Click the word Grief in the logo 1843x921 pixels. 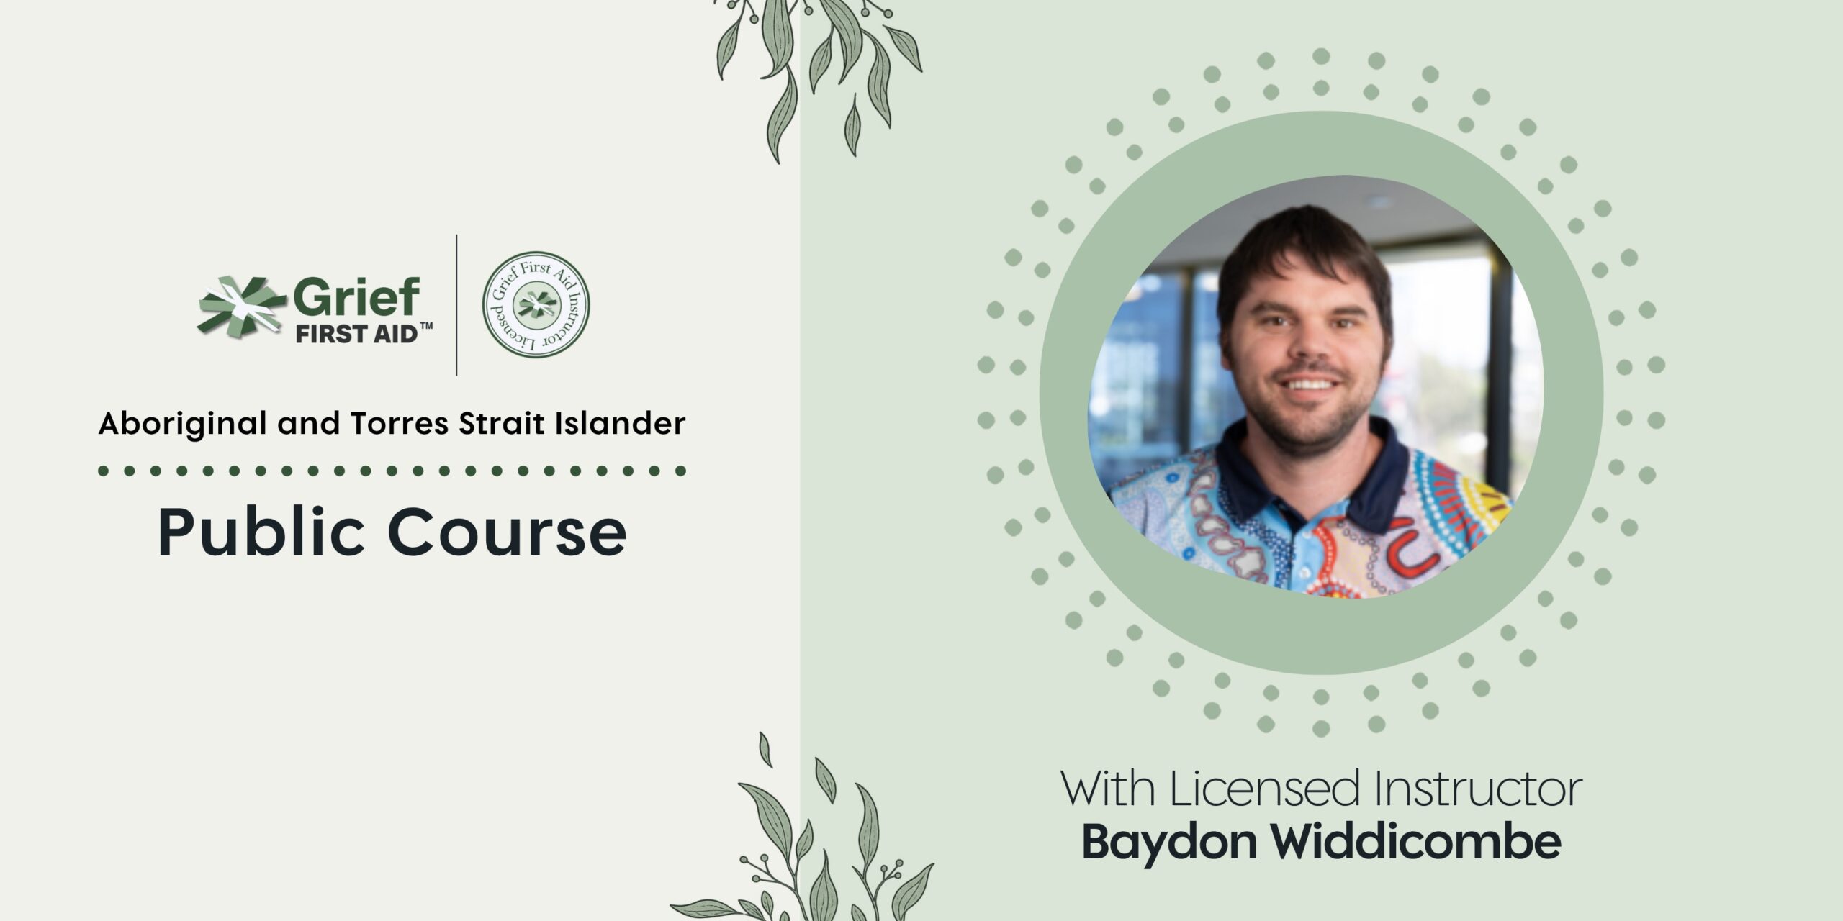pyautogui.click(x=356, y=298)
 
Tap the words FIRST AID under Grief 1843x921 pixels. pyautogui.click(x=356, y=334)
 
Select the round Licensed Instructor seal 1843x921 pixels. pyautogui.click(x=536, y=304)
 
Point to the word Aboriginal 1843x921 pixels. pyautogui.click(x=183, y=425)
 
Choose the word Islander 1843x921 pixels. pyautogui.click(x=620, y=423)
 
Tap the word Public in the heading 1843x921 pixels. pyautogui.click(x=261, y=533)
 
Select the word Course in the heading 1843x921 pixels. pyautogui.click(x=507, y=533)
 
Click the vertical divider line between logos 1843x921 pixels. pyautogui.click(x=456, y=305)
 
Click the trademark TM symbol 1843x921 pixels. pyautogui.click(x=426, y=327)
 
